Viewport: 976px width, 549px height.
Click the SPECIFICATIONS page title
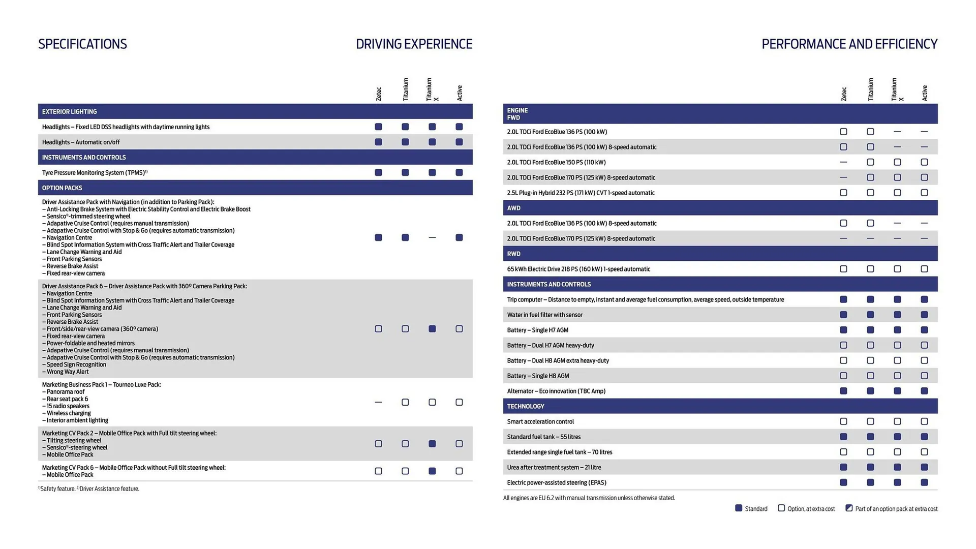click(82, 44)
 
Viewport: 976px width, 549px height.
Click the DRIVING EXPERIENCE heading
click(414, 44)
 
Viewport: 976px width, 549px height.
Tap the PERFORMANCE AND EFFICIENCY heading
click(849, 44)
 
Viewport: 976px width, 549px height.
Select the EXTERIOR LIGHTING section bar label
click(69, 111)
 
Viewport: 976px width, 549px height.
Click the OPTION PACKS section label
click(62, 188)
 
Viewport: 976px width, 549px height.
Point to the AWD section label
click(513, 208)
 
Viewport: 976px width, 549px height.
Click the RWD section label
click(513, 254)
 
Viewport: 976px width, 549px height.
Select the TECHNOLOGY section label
click(525, 406)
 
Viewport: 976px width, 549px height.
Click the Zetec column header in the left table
click(378, 94)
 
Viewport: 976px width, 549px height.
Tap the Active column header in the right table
click(924, 93)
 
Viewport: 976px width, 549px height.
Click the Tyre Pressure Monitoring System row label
click(95, 172)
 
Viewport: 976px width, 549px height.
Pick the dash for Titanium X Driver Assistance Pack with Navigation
click(432, 237)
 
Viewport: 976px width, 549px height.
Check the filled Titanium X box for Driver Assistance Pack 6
click(432, 329)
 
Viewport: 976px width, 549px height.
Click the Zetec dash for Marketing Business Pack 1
click(378, 402)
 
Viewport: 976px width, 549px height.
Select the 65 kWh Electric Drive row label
click(578, 269)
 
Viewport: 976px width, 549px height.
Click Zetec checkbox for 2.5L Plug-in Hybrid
click(843, 193)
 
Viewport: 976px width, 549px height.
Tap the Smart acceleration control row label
click(540, 421)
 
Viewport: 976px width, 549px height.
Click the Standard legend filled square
click(739, 508)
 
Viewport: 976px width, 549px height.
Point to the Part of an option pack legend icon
click(849, 508)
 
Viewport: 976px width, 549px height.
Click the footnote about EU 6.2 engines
click(589, 498)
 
